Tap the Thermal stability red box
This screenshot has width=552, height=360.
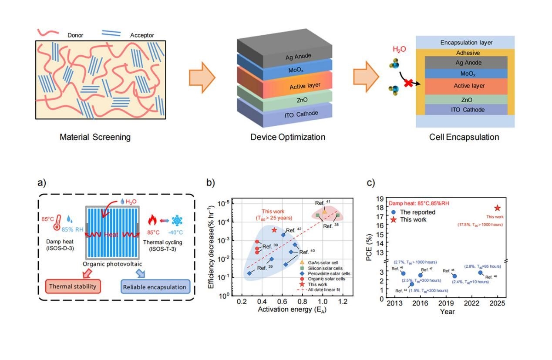coord(73,286)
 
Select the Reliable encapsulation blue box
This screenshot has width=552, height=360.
coord(155,287)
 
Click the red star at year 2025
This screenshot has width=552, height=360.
coord(498,209)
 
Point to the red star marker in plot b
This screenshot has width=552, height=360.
coord(274,230)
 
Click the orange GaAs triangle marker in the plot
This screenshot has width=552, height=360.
coord(324,212)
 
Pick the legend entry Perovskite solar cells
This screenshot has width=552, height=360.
coord(323,273)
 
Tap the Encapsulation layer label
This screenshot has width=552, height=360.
coord(466,43)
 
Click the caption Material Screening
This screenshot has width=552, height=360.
coord(95,138)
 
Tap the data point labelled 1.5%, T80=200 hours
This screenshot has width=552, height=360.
coord(412,284)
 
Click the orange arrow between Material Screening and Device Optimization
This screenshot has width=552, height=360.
coord(202,77)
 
